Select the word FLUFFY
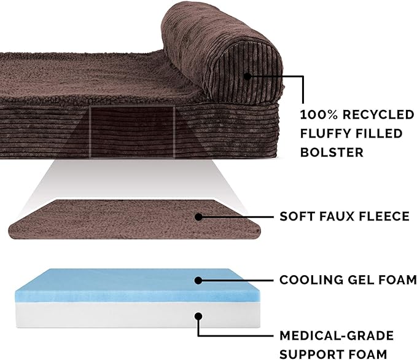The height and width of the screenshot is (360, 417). click(325, 133)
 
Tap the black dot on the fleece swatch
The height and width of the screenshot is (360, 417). click(198, 216)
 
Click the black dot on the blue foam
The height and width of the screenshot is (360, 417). click(198, 280)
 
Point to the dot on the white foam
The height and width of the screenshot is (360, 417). click(198, 317)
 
